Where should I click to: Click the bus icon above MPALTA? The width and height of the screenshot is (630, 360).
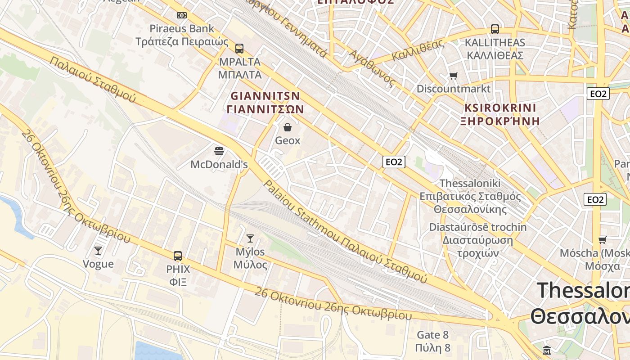(x=239, y=48)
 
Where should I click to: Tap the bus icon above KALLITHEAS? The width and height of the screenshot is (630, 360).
(x=495, y=29)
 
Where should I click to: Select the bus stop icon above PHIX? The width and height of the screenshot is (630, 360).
(x=178, y=256)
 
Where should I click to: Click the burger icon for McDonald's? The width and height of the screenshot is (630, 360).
(x=219, y=151)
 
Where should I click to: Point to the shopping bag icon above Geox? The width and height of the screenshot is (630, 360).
(x=288, y=127)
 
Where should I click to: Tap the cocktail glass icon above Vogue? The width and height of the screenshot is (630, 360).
(x=98, y=250)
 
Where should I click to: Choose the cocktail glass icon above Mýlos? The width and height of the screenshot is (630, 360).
(x=250, y=238)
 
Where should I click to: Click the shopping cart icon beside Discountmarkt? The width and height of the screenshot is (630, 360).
(x=453, y=76)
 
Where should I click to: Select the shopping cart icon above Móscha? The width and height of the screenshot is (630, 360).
(x=602, y=240)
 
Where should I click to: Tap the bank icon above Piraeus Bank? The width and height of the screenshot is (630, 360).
(x=182, y=15)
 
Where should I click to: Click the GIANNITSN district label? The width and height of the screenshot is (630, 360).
(x=265, y=96)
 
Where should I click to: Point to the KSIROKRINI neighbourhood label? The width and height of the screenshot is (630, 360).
(x=500, y=108)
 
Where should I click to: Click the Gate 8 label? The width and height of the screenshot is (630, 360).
(x=432, y=335)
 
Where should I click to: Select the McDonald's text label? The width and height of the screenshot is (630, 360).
(x=219, y=165)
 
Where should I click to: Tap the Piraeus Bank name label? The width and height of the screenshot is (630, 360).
(x=182, y=29)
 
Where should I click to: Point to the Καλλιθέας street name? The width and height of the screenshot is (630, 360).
(x=418, y=50)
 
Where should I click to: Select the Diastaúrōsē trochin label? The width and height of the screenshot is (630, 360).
(x=477, y=227)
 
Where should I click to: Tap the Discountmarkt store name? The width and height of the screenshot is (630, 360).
(x=453, y=89)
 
